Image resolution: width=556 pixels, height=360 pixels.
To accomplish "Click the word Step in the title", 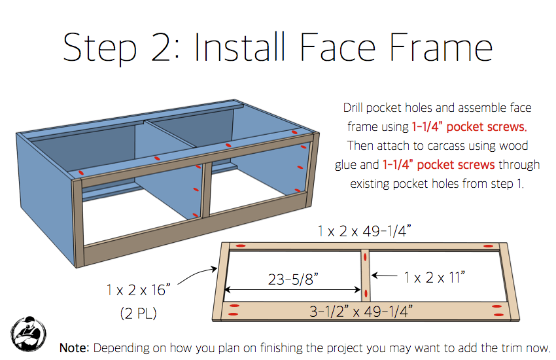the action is pos(99,48).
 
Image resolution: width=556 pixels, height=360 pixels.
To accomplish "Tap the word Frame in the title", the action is pos(441,47).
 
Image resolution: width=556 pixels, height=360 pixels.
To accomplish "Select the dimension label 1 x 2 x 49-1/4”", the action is pos(364,231).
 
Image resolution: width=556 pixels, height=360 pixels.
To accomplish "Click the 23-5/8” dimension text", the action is pos(293,279).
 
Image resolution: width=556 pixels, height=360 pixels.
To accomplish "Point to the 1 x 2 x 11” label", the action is pos(434,278).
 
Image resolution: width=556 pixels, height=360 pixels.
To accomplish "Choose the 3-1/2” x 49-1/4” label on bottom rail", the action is pos(361,312).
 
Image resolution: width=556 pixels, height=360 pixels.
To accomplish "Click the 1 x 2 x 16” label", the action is pos(138,290).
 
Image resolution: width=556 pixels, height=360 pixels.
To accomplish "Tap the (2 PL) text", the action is pos(138,313).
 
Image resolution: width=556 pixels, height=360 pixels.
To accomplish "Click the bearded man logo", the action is pos(28,334).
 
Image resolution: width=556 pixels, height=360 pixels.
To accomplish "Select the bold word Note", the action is pos(74,348).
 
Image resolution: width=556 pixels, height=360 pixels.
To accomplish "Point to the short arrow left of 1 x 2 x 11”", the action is pos(385,275).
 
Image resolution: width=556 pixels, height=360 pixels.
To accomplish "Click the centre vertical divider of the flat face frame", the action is pos(366,276).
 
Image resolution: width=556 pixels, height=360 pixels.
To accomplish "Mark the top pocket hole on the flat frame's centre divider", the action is pos(365,258).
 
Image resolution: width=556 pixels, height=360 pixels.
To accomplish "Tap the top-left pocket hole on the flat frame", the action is pos(241,245).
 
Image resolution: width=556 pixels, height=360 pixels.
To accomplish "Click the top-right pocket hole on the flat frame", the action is pos(489,246).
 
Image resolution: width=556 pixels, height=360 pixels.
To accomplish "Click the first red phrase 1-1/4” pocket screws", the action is pos(469,126).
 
